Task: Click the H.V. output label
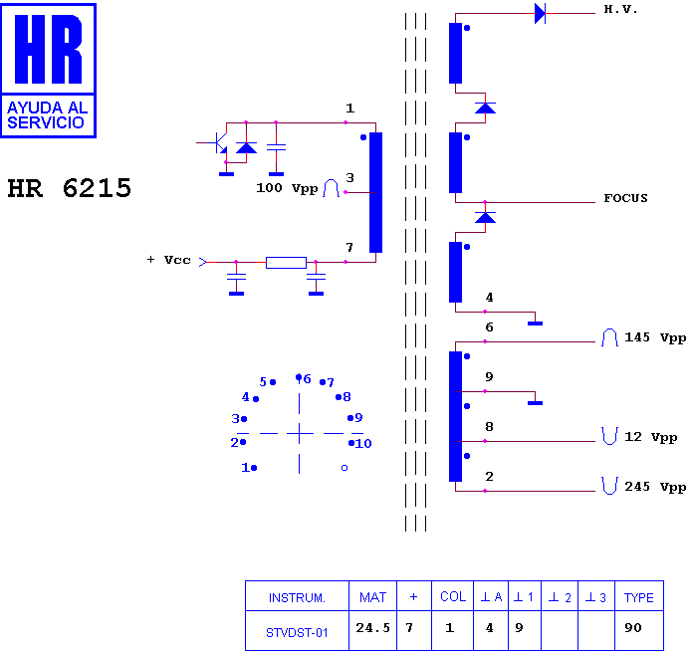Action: [x=620, y=9]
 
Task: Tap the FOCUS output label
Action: [x=625, y=198]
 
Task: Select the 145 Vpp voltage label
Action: [x=655, y=337]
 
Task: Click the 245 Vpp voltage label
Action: [x=655, y=487]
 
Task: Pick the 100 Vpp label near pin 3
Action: [x=287, y=188]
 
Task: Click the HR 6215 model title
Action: [x=70, y=188]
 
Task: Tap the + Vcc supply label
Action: [x=168, y=260]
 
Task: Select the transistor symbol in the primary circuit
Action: [x=218, y=142]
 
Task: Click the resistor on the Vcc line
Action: [x=286, y=262]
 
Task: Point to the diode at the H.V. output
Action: [x=540, y=13]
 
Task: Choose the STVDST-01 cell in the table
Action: [x=297, y=632]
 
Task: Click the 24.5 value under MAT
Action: [x=372, y=628]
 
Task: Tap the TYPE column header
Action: [x=639, y=597]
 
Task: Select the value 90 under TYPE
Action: [x=633, y=628]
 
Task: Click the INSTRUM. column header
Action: [x=297, y=598]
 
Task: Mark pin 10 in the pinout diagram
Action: [x=360, y=443]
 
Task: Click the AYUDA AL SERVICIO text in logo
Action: [x=48, y=115]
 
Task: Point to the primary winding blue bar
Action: [x=375, y=192]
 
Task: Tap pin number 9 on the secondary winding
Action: [x=489, y=377]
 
